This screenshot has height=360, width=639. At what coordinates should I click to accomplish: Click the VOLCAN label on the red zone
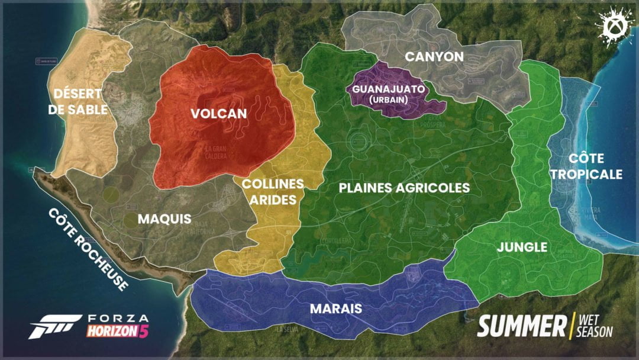219,114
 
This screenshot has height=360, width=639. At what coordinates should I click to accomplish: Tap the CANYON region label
434,57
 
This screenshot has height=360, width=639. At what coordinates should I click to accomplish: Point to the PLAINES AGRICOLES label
405,188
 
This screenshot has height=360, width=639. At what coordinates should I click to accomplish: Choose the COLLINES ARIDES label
272,192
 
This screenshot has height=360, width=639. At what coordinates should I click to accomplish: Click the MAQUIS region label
164,219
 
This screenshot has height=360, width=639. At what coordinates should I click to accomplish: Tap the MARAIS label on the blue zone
335,308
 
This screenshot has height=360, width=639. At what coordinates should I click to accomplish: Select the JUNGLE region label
522,247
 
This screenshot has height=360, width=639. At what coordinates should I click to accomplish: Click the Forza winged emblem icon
54,326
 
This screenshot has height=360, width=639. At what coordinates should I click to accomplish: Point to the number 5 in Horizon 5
143,332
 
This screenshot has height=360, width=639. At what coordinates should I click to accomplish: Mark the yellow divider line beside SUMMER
570,326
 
